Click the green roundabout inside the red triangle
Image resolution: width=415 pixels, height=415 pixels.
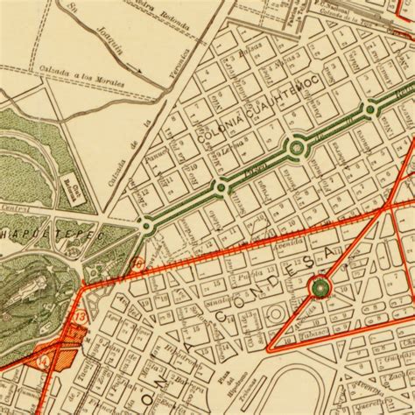[321, 287]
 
